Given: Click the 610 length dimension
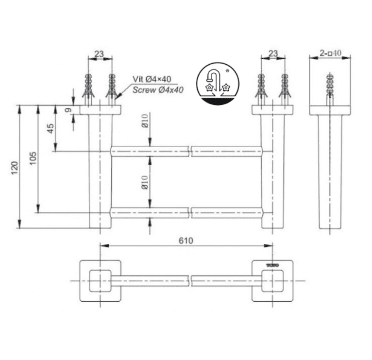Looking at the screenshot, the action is point(186,240).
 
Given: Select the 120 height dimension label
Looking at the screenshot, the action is point(15,168).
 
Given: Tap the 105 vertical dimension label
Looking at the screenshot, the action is point(33,158).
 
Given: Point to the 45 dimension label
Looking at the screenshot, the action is point(51,128).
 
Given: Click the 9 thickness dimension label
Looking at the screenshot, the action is point(68,110).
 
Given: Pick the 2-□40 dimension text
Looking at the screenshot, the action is point(330,53).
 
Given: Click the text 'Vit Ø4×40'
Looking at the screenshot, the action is point(152,79).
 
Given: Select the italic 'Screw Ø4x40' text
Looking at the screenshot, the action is point(158,90).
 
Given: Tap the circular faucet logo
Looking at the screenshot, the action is point(218,84).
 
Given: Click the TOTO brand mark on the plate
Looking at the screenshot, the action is point(272,265).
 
